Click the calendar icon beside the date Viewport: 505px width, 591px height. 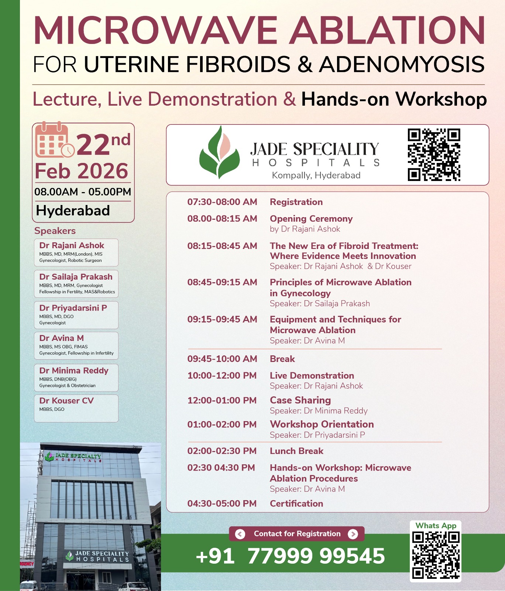[x=54, y=141]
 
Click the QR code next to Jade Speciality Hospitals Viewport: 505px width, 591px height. [x=434, y=155]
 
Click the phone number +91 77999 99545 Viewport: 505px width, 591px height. [x=291, y=556]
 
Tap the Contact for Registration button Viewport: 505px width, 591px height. [x=297, y=534]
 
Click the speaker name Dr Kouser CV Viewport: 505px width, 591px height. [x=66, y=401]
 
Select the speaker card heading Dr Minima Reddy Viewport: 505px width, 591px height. [x=74, y=370]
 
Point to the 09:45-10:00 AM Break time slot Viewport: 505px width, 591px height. [x=222, y=359]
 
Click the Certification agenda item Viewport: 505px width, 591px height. [x=296, y=504]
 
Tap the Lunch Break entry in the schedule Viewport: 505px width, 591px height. [x=296, y=451]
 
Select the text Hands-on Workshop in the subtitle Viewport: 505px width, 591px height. [x=394, y=99]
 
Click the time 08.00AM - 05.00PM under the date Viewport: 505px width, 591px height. [x=83, y=192]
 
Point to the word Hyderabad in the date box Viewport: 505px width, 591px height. [x=73, y=211]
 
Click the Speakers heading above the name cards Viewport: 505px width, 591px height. [x=55, y=231]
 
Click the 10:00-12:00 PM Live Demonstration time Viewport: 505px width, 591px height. [x=222, y=376]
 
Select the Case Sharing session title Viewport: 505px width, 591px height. [x=300, y=400]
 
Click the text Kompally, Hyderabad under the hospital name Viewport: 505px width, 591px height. [x=316, y=175]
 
